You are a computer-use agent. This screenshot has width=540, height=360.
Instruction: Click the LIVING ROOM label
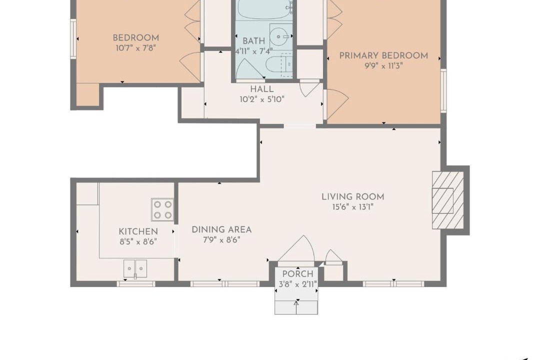click(x=352, y=196)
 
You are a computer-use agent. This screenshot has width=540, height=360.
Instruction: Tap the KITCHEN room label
click(x=138, y=231)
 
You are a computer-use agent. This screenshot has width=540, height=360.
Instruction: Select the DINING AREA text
click(x=221, y=229)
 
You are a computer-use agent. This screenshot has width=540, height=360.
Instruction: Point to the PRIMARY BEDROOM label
click(x=383, y=55)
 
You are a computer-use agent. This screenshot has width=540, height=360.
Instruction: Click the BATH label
click(x=254, y=41)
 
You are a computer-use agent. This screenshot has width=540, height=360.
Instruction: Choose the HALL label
click(x=262, y=89)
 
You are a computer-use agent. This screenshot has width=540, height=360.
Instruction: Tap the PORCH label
click(x=298, y=274)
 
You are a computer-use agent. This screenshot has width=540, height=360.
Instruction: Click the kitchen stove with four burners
click(x=162, y=209)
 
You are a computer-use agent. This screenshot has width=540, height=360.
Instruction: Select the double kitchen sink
click(x=135, y=268)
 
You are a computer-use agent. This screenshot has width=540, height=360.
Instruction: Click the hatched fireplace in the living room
click(x=448, y=200)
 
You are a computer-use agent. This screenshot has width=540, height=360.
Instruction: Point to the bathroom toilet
click(x=279, y=65)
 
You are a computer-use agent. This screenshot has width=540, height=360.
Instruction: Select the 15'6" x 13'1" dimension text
click(x=352, y=207)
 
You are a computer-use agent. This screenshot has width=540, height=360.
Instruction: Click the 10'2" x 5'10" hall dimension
click(x=262, y=100)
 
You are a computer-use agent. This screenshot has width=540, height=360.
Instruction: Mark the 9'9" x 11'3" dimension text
click(x=383, y=66)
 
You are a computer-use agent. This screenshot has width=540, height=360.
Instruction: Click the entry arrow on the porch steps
click(x=296, y=307)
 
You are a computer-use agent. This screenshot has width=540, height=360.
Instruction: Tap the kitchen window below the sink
click(x=135, y=284)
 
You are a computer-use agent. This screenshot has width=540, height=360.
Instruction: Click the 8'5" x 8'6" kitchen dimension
click(x=138, y=242)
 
